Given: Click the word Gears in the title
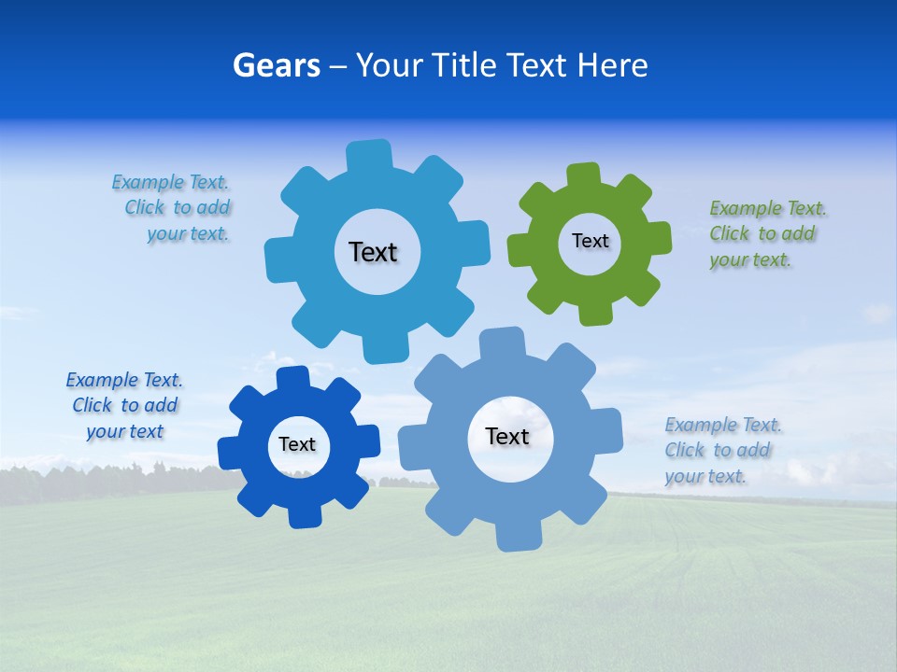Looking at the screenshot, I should click(x=277, y=65).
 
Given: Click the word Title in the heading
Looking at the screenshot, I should click(x=463, y=65).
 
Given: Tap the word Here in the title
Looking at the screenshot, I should click(x=613, y=65).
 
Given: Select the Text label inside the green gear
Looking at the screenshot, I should click(x=590, y=241).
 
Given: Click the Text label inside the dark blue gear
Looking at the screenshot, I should click(x=297, y=444).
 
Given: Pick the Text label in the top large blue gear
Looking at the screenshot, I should click(x=373, y=252).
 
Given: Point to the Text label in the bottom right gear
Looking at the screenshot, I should click(x=507, y=436).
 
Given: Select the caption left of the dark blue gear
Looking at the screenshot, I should click(x=124, y=406).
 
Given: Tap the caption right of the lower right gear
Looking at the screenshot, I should click(x=723, y=451).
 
